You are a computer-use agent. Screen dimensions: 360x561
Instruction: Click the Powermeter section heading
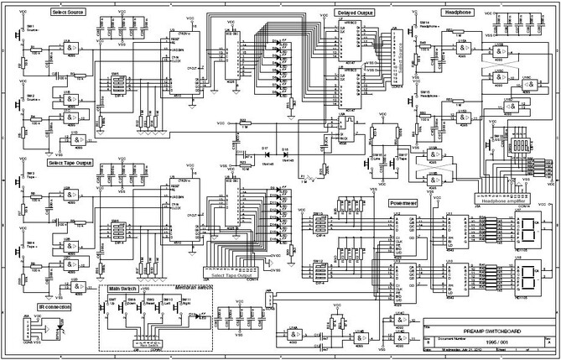coord(403,203)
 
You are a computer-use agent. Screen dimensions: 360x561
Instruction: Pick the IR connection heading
coord(54,307)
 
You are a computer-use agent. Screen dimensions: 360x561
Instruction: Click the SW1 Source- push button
coord(25,38)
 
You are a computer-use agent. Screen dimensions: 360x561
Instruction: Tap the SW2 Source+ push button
coord(25,106)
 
